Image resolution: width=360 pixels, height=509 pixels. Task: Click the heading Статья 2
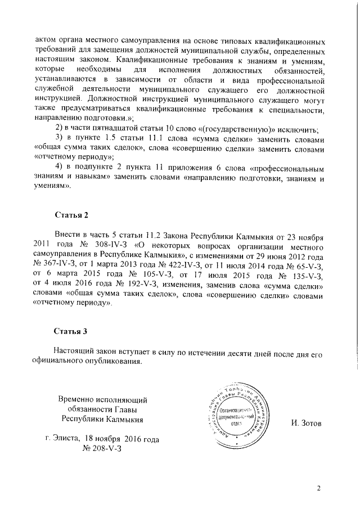tap(71, 215)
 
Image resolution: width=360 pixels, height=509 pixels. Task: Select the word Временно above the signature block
tap(78, 399)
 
